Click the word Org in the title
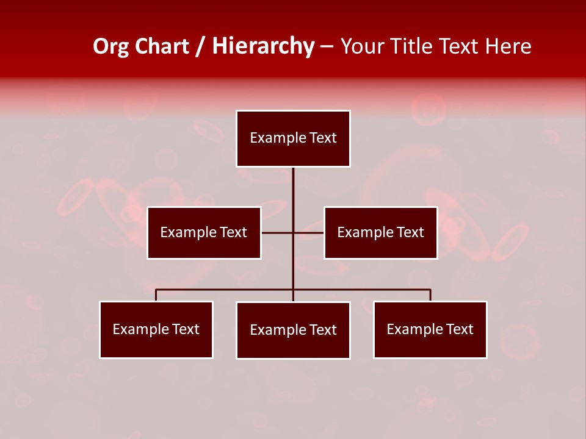coord(112,46)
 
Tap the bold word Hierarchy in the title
coord(263,46)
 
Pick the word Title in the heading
coord(412,46)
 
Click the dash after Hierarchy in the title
coord(327,47)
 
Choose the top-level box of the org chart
coord(293,138)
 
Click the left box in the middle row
coord(204,232)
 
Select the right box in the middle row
coord(381,232)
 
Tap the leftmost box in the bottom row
coord(156,329)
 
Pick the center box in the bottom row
coord(293,330)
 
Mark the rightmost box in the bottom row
coord(430,329)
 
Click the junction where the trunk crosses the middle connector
coord(293,232)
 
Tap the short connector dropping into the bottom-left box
coord(156,295)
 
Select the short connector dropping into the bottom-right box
coord(430,295)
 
